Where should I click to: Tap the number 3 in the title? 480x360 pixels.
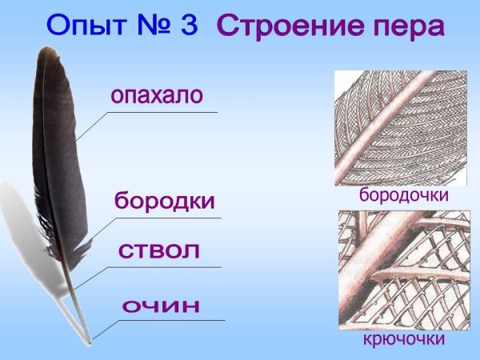pos(188,26)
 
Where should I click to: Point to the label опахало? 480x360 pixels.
pos(157,97)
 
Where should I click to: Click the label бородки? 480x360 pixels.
pos(165,201)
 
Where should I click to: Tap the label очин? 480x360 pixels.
pos(160,306)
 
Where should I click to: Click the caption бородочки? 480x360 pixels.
pos(402,195)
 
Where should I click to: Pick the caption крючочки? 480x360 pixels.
pos(402,341)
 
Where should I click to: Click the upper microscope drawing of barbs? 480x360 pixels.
pos(400,127)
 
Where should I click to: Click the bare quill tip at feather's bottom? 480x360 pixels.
pos(90,339)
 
